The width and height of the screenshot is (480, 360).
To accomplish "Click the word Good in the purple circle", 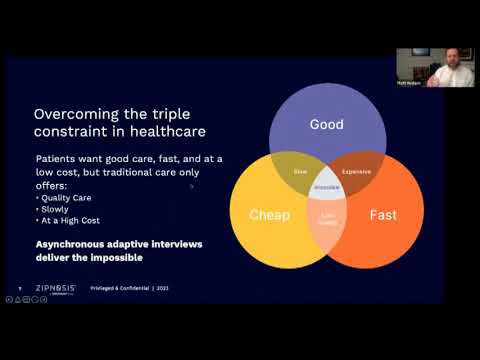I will [326, 125].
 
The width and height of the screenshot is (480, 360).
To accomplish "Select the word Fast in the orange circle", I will [384, 214].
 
